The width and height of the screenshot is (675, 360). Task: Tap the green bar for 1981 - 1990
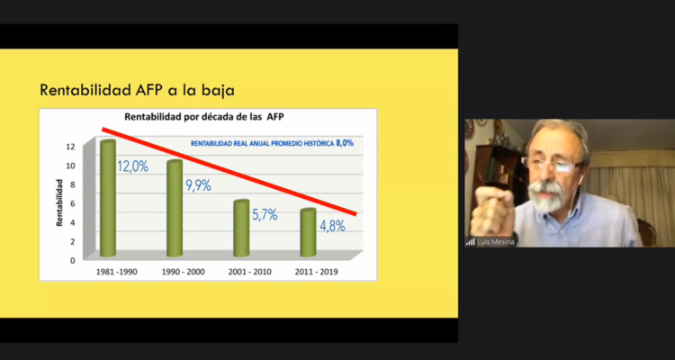pos(108,198)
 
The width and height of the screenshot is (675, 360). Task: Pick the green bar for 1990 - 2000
pos(175,207)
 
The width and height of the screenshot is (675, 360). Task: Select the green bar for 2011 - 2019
pos(308,232)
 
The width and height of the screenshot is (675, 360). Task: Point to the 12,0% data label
pos(133,166)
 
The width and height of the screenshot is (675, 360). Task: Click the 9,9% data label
pos(198,186)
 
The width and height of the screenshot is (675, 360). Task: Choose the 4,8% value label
pos(331,226)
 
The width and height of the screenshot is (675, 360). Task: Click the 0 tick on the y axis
pos(72,260)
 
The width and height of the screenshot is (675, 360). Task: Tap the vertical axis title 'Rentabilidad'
pos(59,202)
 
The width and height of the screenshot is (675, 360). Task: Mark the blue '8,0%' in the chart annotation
pos(345,143)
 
